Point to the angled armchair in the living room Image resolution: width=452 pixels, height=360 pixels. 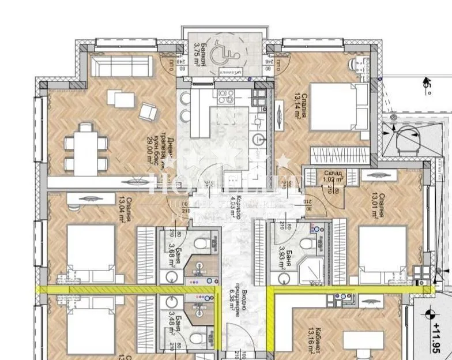147,110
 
